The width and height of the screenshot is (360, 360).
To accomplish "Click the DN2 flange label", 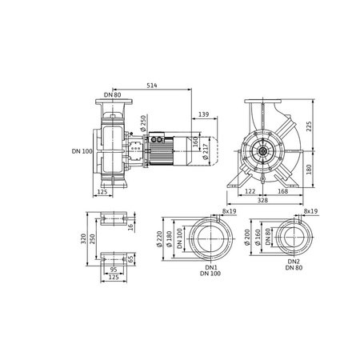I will click(x=293, y=261).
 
